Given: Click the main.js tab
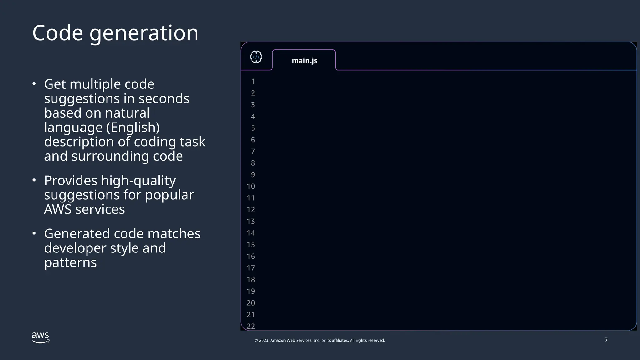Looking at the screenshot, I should (x=304, y=60).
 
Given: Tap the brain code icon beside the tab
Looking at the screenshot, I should (x=256, y=57).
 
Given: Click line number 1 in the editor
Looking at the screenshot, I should (x=253, y=82).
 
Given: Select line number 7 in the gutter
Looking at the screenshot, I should (x=253, y=152).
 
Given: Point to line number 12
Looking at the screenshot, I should (x=251, y=210).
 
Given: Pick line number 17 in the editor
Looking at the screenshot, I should (x=251, y=268).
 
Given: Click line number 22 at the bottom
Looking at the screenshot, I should (x=251, y=326).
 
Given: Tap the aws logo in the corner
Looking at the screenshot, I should (x=41, y=337).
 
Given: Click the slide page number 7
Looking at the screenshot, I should (x=606, y=340).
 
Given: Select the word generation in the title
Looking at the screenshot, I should (x=144, y=33).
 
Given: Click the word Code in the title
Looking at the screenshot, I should (x=57, y=33).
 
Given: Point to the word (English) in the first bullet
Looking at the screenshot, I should (x=133, y=127).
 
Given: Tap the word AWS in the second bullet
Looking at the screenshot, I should (x=58, y=209).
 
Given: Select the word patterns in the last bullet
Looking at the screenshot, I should (x=70, y=262).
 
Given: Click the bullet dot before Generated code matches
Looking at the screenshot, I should (x=34, y=233).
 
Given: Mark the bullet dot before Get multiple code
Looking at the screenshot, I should (x=34, y=84).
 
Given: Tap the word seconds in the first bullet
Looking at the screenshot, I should (x=164, y=99).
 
